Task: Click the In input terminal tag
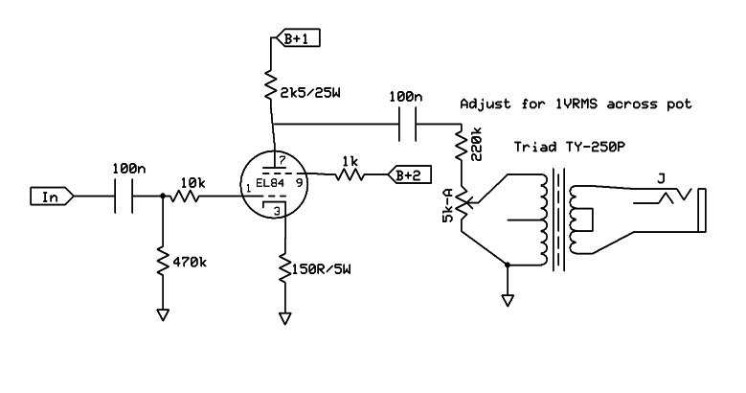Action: (x=49, y=196)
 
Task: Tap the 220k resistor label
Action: (x=477, y=144)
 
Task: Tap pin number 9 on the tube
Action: (x=301, y=180)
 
